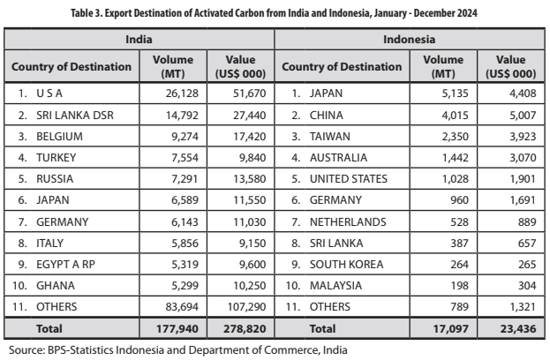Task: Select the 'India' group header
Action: point(139,41)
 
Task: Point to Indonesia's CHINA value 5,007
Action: point(513,116)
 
